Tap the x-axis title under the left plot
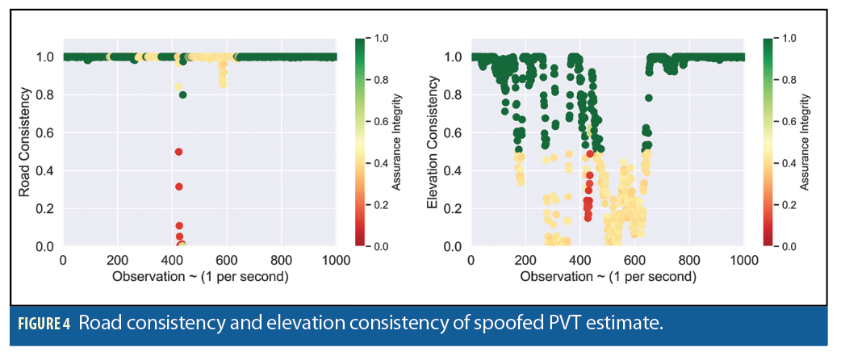pos(199,276)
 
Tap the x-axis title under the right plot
pos(607,276)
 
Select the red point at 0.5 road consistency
pos(178,152)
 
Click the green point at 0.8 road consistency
pos(183,94)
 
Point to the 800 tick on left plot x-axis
pos(281,261)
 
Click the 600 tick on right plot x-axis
pos(634,261)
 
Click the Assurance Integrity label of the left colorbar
pos(398,143)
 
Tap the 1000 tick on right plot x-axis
pos(743,261)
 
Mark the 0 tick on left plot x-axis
pos(63,261)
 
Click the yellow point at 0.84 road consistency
pos(178,87)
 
